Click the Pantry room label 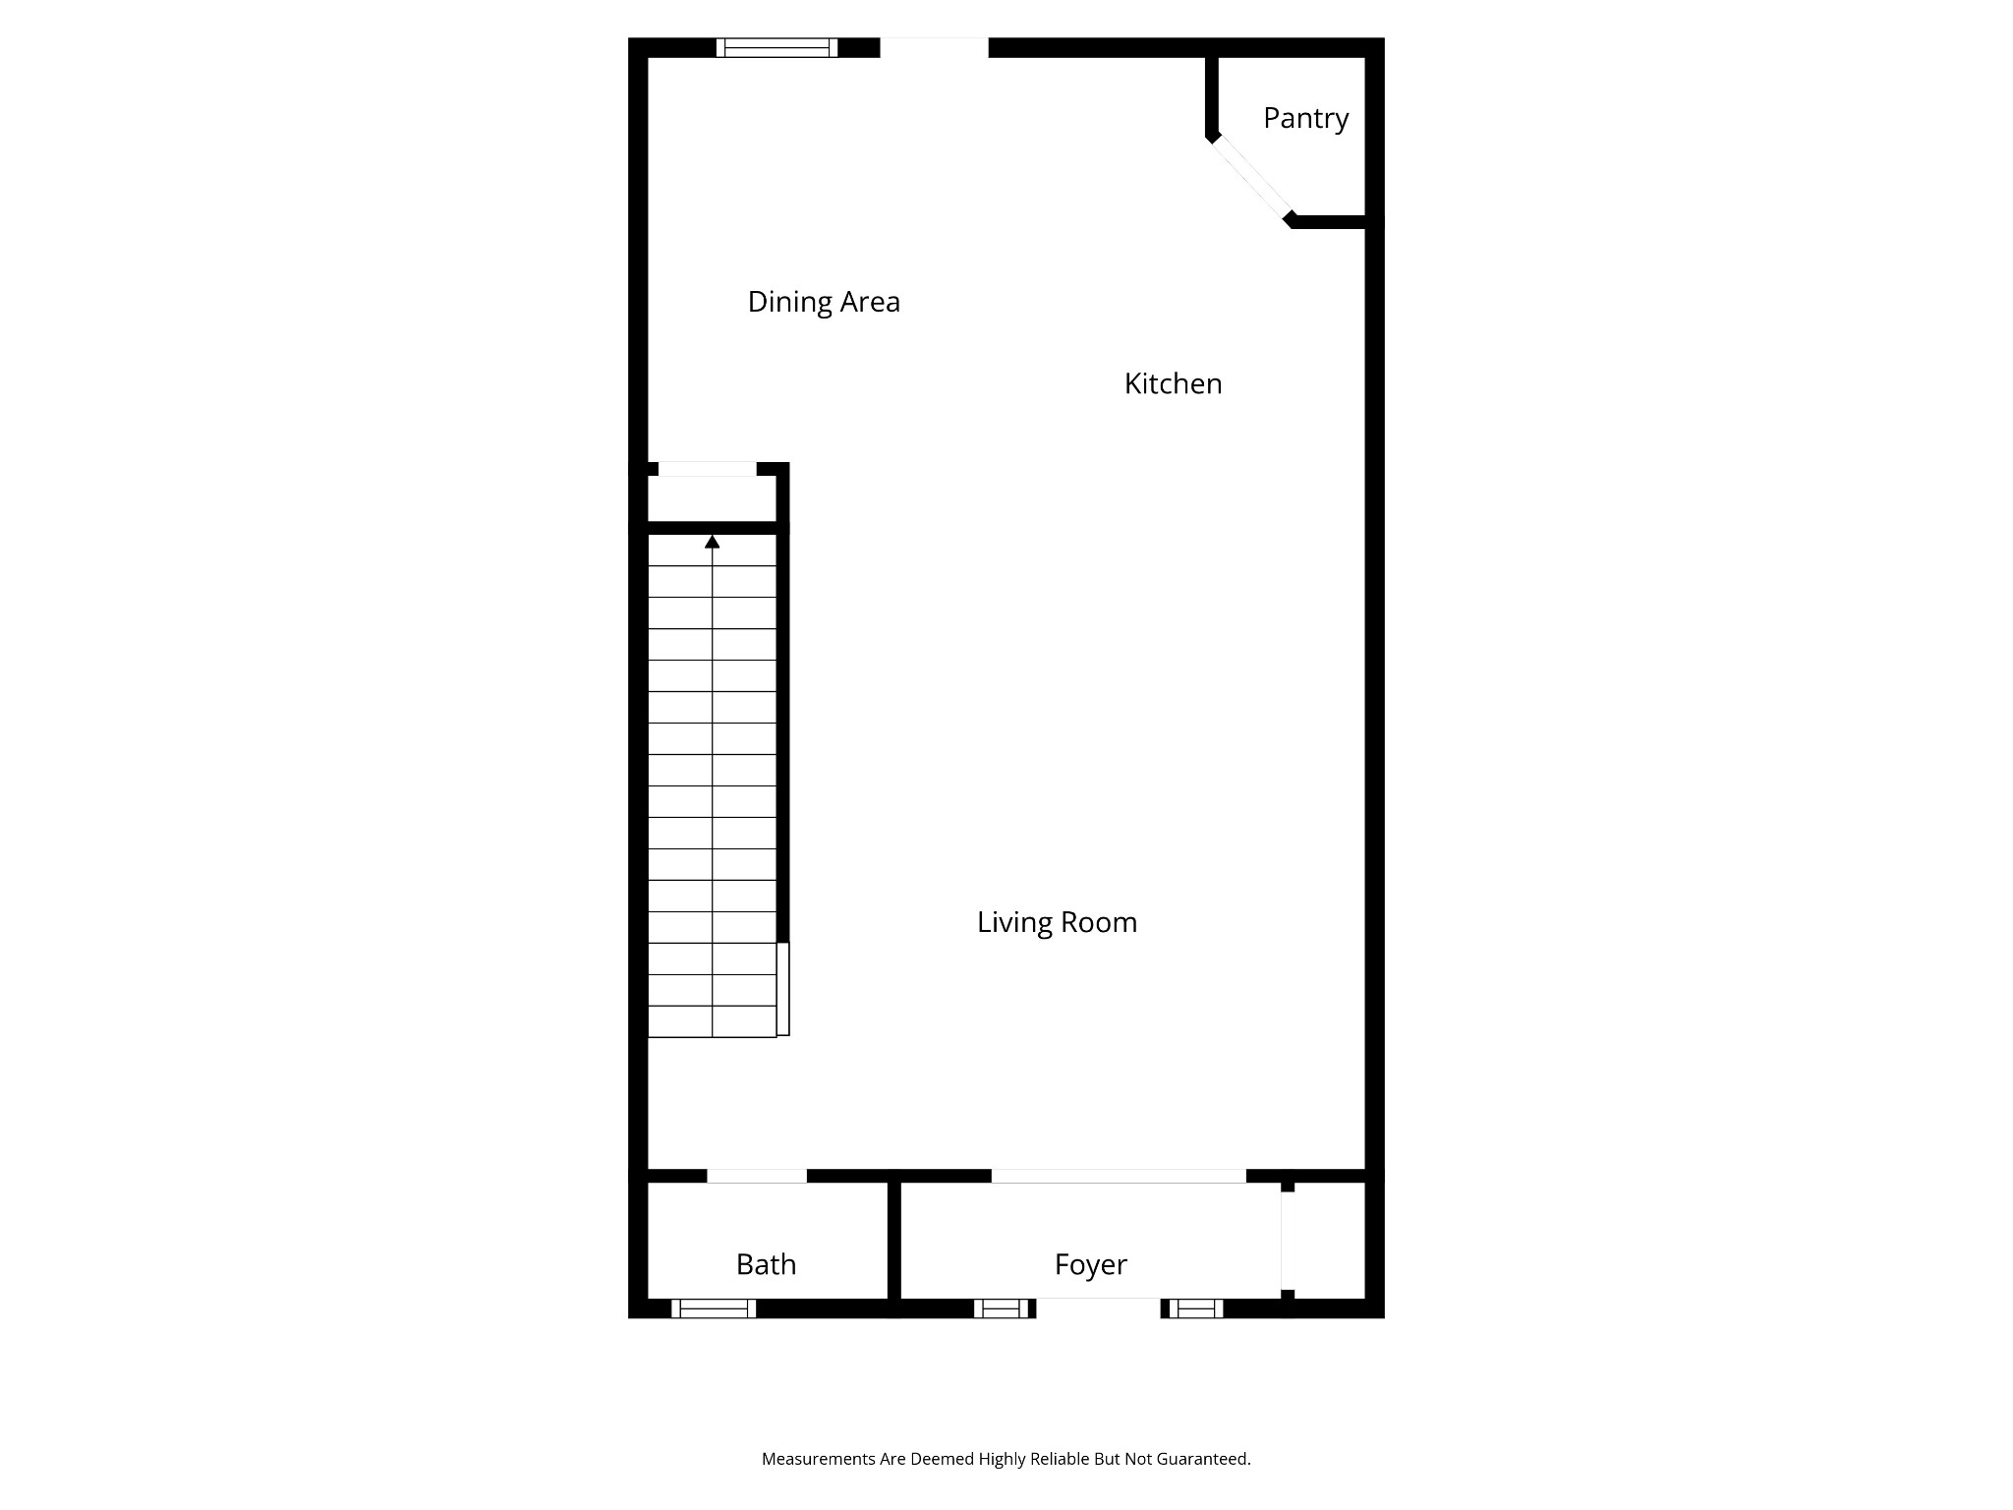click(x=1305, y=119)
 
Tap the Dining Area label click(x=824, y=302)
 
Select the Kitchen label click(x=1173, y=384)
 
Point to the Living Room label click(x=1057, y=922)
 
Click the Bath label click(x=766, y=1264)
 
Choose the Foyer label click(x=1090, y=1264)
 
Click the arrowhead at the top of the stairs click(x=713, y=542)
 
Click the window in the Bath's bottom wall click(x=714, y=1308)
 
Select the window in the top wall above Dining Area click(x=776, y=47)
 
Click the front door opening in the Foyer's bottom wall click(x=1098, y=1308)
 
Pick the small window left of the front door click(x=1002, y=1308)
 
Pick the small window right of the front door click(x=1195, y=1308)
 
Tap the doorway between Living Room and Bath click(x=757, y=1176)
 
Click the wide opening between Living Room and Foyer click(x=1119, y=1176)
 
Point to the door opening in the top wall click(x=934, y=47)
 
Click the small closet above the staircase click(x=712, y=499)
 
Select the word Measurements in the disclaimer click(x=818, y=1459)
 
